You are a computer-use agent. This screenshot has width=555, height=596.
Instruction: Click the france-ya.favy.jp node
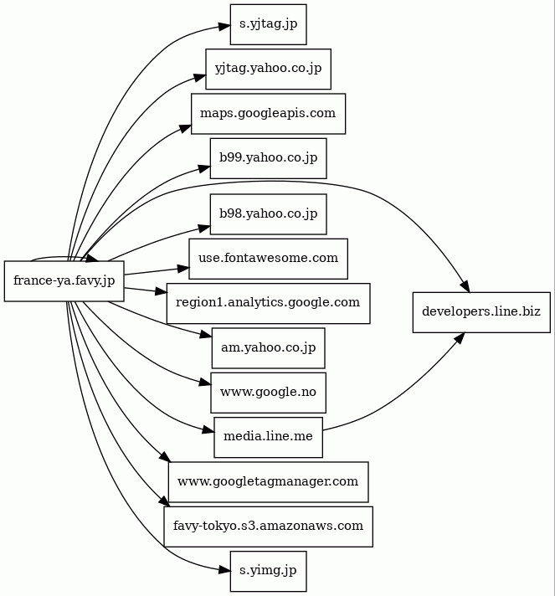64,280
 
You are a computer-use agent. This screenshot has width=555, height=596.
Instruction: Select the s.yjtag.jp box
268,23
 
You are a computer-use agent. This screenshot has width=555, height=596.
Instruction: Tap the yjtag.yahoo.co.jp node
268,69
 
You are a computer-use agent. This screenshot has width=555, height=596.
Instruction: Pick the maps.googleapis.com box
268,113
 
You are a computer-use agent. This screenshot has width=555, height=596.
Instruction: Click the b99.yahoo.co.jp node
268,157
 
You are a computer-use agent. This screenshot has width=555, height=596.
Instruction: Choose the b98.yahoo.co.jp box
268,214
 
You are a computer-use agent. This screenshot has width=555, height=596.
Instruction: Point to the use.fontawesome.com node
268,259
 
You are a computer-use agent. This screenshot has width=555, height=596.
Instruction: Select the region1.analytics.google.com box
268,302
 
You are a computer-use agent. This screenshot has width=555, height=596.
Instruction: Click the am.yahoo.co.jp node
268,347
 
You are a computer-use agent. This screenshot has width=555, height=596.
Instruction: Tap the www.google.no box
268,392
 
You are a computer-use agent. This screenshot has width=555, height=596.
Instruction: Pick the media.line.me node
268,437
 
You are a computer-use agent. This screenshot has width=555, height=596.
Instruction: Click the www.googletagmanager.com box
268,481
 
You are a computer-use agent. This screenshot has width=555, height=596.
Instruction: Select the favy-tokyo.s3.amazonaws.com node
268,526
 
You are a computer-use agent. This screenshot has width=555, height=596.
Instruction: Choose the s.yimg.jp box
268,571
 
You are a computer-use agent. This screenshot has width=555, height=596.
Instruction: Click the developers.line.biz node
481,311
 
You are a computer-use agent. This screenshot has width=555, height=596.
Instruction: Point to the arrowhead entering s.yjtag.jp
224,28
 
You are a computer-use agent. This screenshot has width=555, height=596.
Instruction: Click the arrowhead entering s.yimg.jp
224,570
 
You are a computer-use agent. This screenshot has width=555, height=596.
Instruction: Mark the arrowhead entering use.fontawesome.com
183,269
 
